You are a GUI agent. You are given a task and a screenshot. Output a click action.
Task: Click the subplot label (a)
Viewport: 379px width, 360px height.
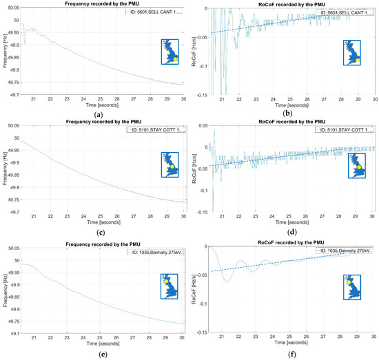pos(101,114)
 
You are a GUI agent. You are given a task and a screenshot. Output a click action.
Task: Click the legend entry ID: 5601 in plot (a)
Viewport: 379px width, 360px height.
pos(155,13)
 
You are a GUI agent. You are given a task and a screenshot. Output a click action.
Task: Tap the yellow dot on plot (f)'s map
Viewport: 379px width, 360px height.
pos(349,282)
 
